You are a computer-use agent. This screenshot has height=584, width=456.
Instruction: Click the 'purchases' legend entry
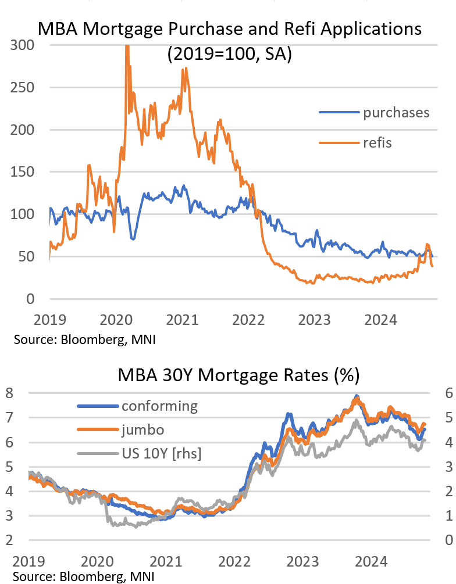pyautogui.click(x=396, y=113)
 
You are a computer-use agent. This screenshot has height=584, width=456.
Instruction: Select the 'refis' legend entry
pyautogui.click(x=377, y=142)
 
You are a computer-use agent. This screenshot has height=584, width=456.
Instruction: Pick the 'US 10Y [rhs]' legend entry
pyautogui.click(x=161, y=454)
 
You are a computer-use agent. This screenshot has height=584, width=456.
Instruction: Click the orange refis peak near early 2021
pyautogui.click(x=184, y=69)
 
